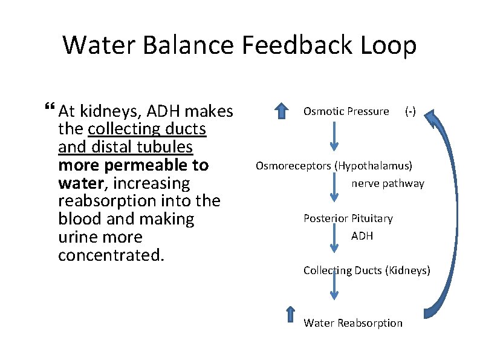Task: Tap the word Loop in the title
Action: [391, 45]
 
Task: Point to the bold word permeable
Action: [152, 165]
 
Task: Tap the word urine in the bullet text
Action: [79, 237]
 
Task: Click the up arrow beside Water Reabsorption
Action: [290, 316]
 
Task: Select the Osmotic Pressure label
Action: [346, 111]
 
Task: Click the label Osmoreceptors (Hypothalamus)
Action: [334, 165]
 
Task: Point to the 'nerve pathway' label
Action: [388, 183]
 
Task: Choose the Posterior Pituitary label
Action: [348, 218]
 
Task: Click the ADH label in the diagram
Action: [362, 236]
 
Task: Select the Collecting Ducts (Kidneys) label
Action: [366, 270]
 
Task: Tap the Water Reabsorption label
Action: [352, 323]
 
